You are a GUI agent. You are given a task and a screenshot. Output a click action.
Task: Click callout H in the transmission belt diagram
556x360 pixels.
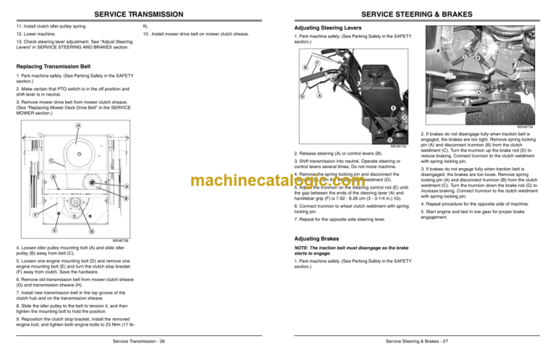(x=79, y=125)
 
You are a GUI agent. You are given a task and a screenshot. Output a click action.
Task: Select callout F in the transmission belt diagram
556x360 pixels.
(x=16, y=214)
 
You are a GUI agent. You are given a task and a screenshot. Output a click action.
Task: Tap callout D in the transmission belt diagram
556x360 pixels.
(x=33, y=177)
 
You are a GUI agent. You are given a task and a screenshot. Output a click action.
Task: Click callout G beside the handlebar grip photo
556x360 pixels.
(x=302, y=96)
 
